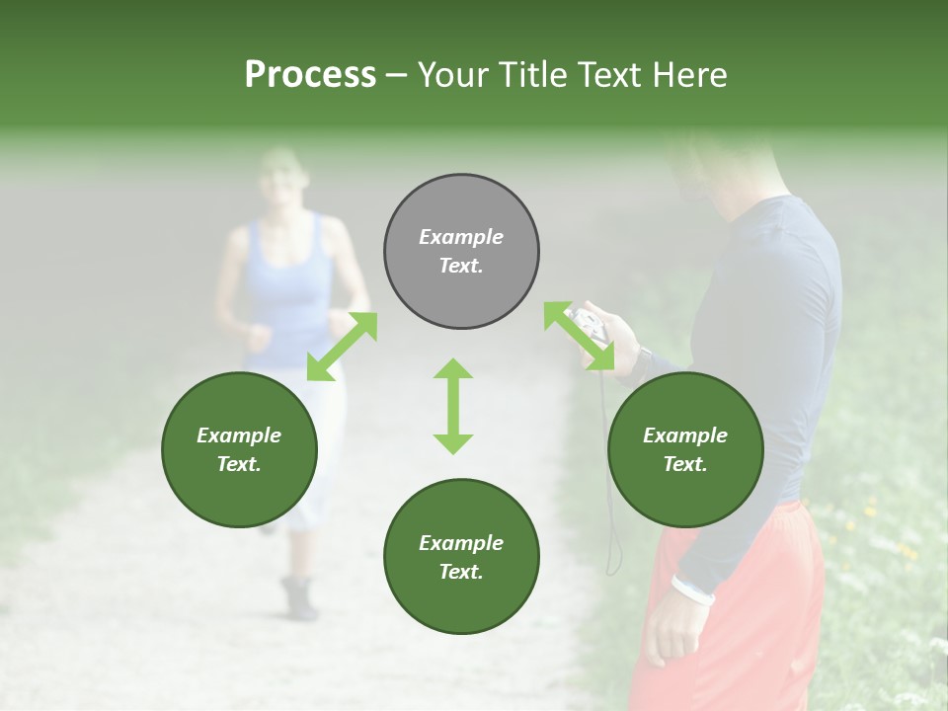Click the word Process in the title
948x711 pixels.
310,75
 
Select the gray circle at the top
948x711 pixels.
461,251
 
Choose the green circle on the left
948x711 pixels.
239,449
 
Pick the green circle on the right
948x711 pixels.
685,449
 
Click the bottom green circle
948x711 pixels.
461,557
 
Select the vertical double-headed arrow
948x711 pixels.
453,406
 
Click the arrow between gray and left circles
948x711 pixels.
342,346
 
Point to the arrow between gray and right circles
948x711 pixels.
579,337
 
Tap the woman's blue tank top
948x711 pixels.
286,296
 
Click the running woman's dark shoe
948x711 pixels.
299,597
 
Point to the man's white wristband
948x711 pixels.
693,590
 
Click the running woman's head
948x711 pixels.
281,178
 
